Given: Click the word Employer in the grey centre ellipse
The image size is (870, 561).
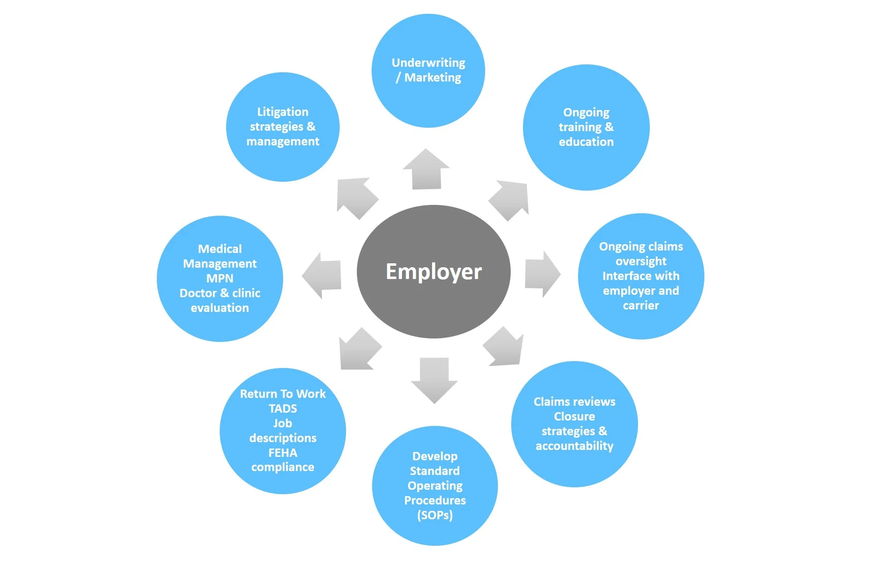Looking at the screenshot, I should (x=434, y=272).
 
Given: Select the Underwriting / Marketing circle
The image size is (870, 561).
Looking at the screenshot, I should (x=428, y=70).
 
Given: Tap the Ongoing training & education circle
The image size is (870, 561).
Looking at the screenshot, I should (x=586, y=127).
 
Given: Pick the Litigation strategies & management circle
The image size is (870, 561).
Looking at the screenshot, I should (x=283, y=127).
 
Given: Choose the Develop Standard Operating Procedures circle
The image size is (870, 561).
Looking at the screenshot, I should (x=435, y=485).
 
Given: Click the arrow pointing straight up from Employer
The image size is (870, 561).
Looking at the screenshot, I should (x=426, y=169).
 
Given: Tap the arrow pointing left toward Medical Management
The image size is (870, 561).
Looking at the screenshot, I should (x=322, y=276).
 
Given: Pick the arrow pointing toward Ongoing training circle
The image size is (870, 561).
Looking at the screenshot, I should (x=510, y=199).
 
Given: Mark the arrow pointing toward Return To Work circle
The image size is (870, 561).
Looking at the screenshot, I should (x=359, y=350).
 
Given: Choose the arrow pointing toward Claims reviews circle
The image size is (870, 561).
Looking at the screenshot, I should (x=504, y=347).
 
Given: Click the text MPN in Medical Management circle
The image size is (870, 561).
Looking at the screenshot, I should (x=220, y=279).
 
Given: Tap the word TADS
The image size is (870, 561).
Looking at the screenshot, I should (x=283, y=409).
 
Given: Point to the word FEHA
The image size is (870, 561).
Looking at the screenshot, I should (x=283, y=453).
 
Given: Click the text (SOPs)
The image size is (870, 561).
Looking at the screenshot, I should (x=435, y=515).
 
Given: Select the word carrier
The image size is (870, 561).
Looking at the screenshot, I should (x=641, y=306).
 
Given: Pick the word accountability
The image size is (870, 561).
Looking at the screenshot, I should (x=574, y=446).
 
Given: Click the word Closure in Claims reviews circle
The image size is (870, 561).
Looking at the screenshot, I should (x=574, y=417).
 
